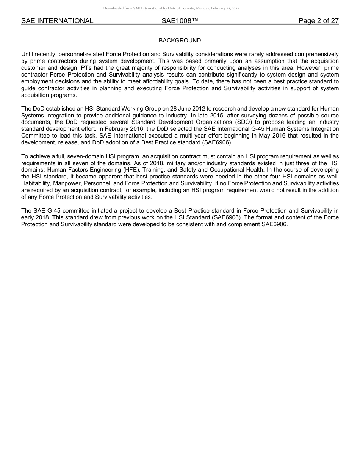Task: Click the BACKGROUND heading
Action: click(x=180, y=41)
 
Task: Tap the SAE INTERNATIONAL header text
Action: click(x=57, y=21)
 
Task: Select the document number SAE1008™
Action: click(x=180, y=21)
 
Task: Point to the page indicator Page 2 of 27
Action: click(x=318, y=21)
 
